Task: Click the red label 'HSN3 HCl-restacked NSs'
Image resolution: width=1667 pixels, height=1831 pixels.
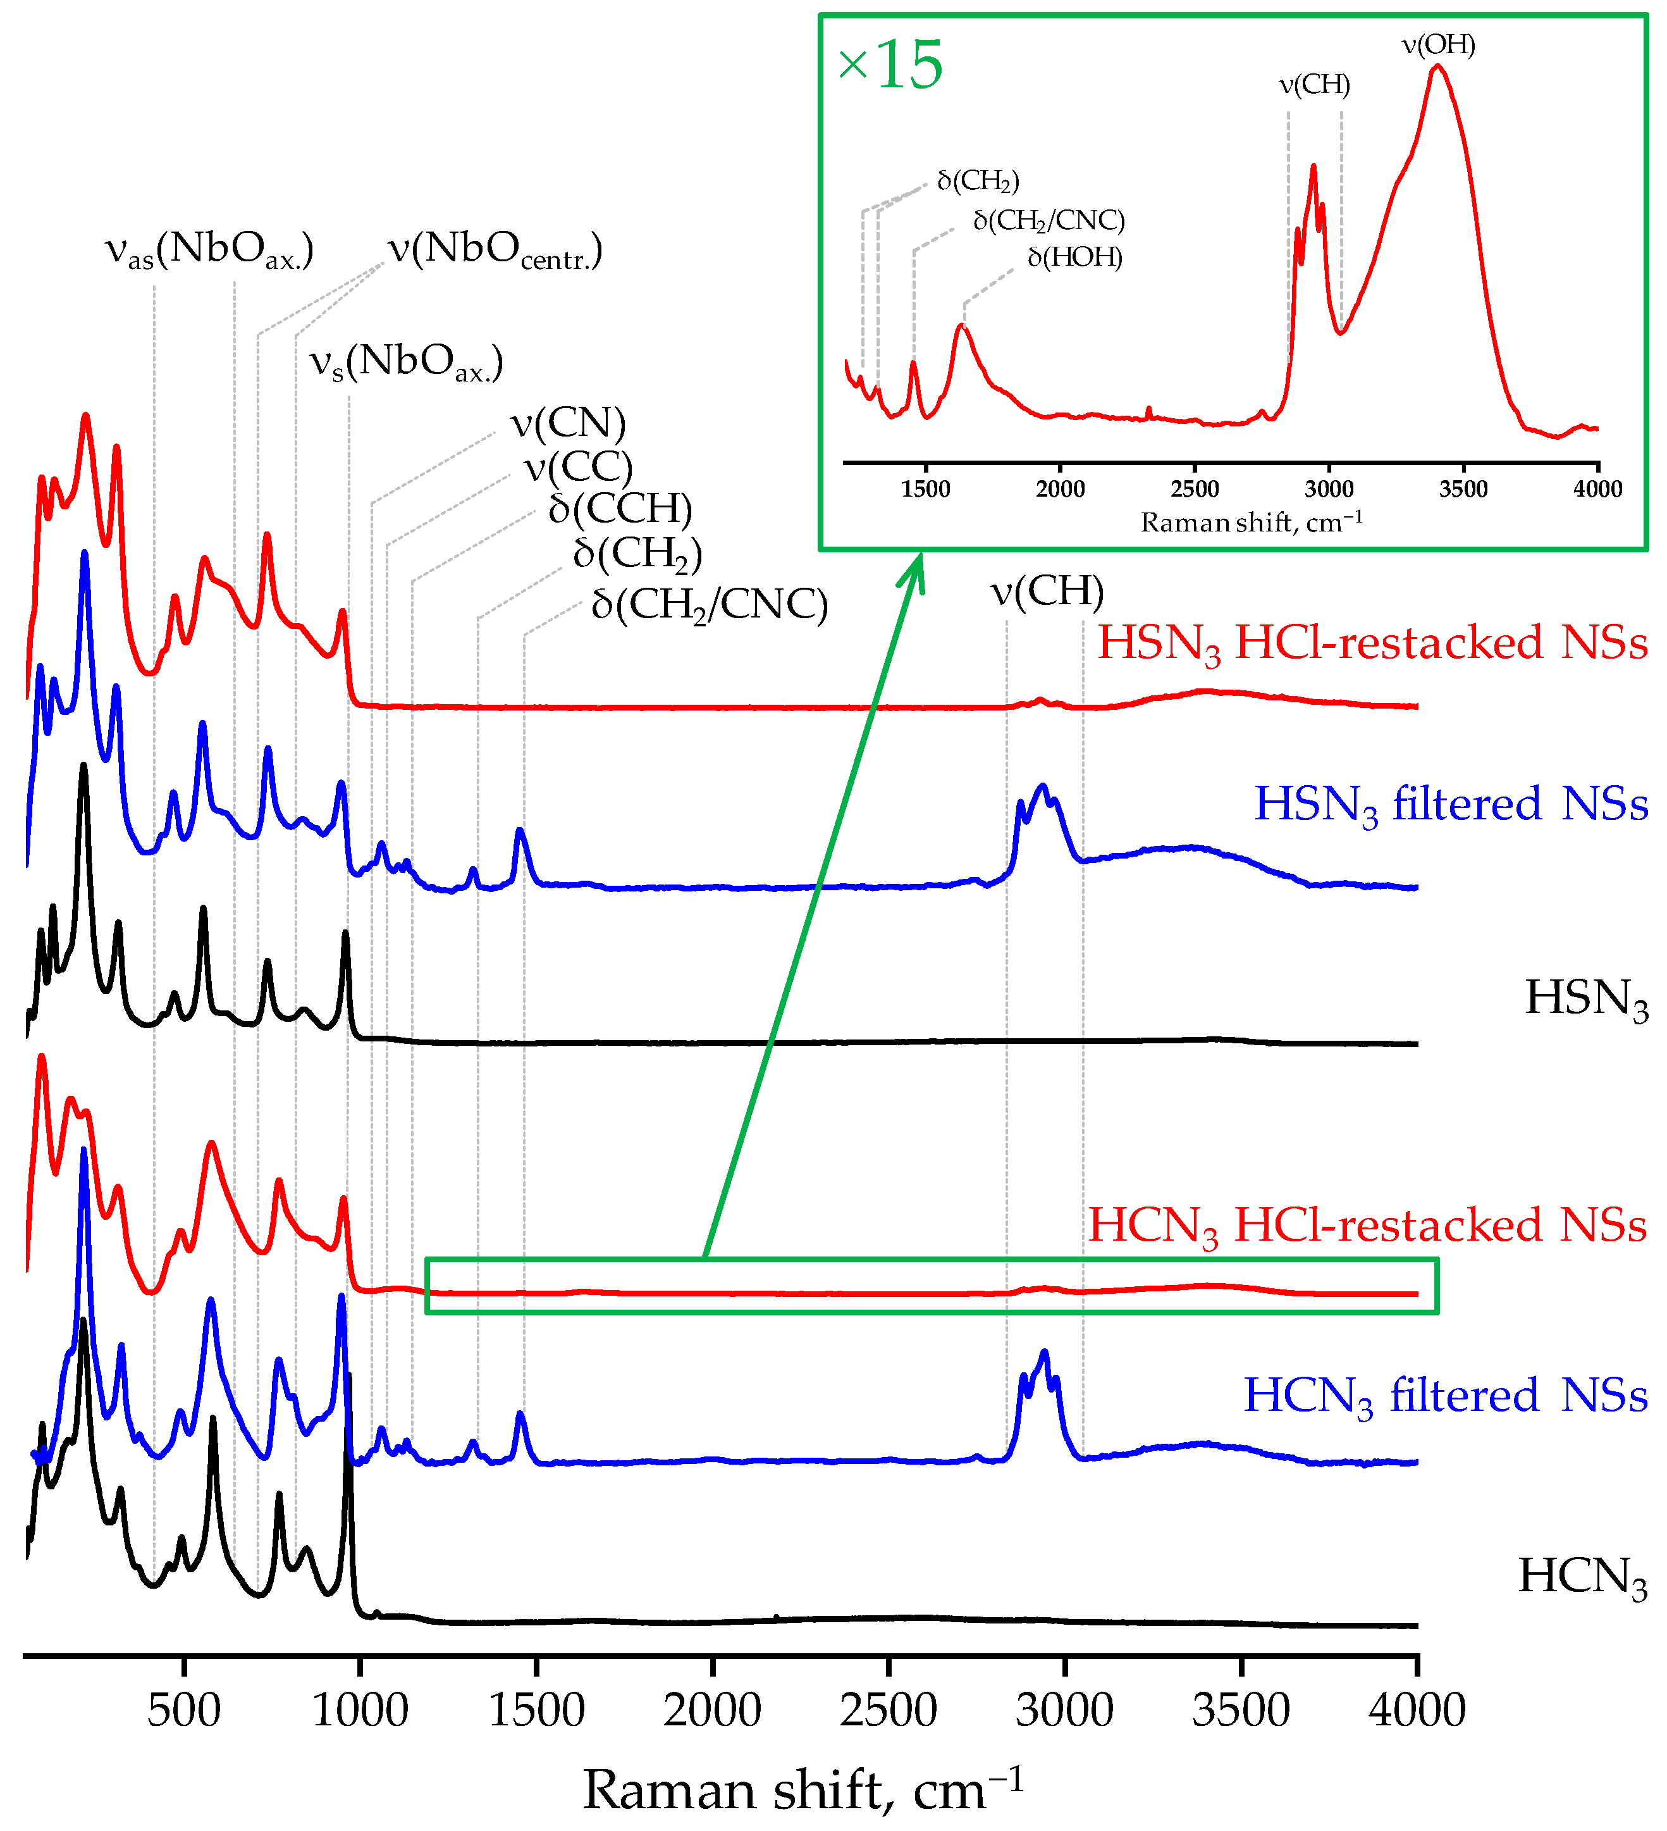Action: coord(1372,643)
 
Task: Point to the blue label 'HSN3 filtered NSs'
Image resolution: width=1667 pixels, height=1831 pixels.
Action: coord(1450,805)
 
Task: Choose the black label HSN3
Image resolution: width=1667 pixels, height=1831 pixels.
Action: coord(1585,998)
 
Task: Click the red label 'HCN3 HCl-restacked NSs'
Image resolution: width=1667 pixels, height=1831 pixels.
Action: coord(1367,1226)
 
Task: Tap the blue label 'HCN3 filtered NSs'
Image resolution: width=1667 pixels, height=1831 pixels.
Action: coord(1444,1396)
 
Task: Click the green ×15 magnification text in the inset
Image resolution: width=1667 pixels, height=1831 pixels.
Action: coord(890,65)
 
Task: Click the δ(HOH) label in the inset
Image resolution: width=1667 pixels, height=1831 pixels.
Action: coord(1074,258)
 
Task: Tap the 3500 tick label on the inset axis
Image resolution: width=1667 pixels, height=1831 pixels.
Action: coord(1463,490)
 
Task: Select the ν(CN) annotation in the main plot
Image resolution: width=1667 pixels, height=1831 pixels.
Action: coord(567,423)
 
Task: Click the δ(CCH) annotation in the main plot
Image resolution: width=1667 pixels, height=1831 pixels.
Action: coord(620,509)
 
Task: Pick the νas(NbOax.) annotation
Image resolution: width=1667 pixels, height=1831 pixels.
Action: coord(209,250)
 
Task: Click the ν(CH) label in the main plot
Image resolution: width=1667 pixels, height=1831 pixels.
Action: coord(1046,592)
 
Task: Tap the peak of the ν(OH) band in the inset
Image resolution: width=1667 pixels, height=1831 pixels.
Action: coord(1436,67)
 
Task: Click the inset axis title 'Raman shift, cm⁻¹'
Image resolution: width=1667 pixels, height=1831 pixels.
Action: coord(1251,523)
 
